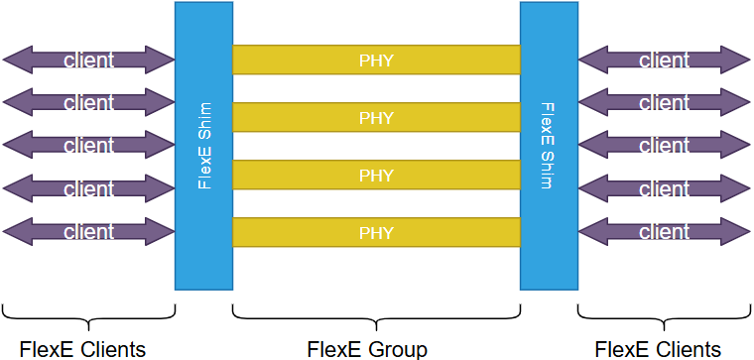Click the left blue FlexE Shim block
[x=203, y=146]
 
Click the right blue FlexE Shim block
[x=549, y=146]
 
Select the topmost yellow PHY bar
[x=376, y=60]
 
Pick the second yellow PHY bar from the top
[x=376, y=118]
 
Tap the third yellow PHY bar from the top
[x=376, y=176]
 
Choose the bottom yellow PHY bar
[x=376, y=233]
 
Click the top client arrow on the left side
[x=88, y=60]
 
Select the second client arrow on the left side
[x=88, y=102]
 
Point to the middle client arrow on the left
[x=88, y=146]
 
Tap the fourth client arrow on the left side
[x=88, y=188]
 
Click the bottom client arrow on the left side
[x=88, y=232]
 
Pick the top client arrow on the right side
[x=664, y=60]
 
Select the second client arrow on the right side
[x=664, y=102]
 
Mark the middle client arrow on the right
[x=664, y=146]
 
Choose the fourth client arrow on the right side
[x=664, y=188]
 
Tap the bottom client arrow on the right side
[x=664, y=232]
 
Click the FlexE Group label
[x=367, y=349]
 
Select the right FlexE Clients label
[x=658, y=349]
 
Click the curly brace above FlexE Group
[x=376, y=315]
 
